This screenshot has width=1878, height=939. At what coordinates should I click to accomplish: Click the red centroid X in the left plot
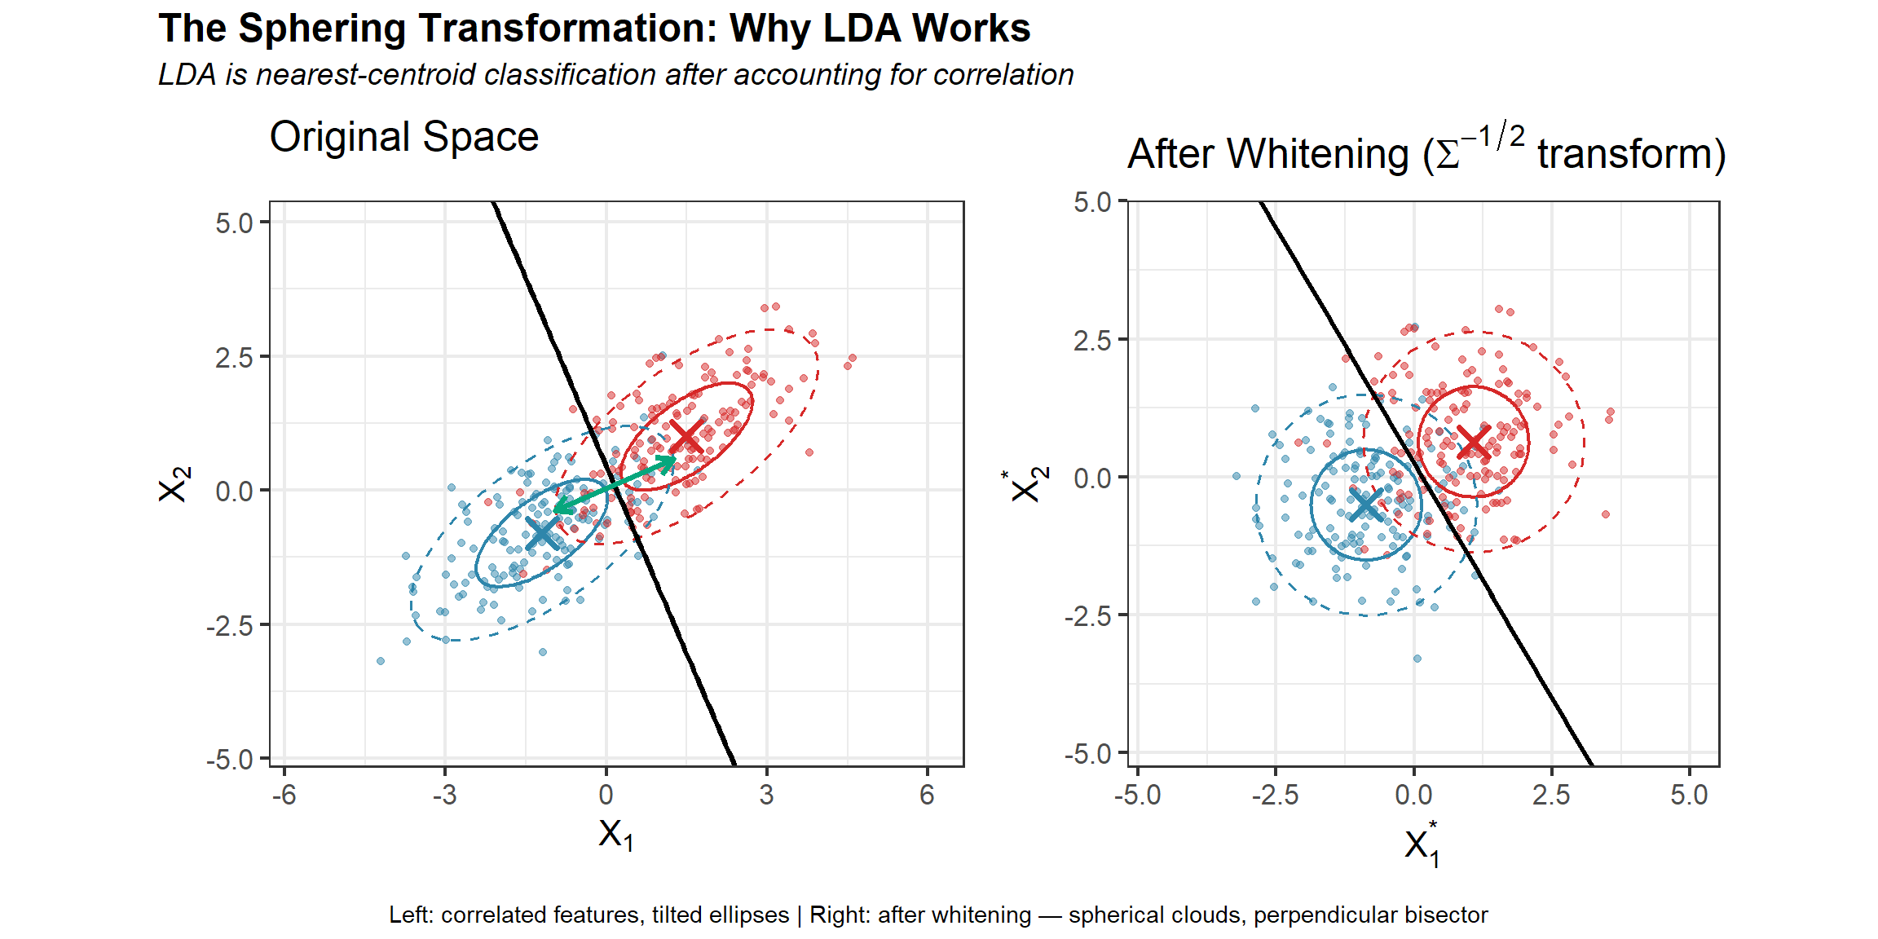click(686, 437)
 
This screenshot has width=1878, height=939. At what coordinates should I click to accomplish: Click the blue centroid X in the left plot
click(542, 533)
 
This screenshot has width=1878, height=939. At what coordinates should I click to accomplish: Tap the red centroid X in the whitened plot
click(1473, 441)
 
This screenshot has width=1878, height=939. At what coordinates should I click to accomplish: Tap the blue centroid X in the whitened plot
click(1366, 505)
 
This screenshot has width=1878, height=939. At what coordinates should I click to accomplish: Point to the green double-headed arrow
click(615, 487)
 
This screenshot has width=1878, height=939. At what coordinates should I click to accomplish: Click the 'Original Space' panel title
click(404, 137)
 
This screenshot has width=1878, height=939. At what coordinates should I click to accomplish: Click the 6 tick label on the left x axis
click(927, 794)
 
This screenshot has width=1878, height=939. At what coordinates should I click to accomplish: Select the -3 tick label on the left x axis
click(444, 794)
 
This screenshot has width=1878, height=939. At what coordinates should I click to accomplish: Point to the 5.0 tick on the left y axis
click(235, 223)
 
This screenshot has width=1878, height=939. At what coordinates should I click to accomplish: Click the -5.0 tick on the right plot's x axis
click(1137, 794)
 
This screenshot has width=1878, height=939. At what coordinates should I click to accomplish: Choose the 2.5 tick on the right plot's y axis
click(1092, 340)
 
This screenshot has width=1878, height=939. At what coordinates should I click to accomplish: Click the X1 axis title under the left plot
click(615, 835)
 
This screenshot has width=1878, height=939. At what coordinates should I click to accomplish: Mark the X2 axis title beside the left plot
click(174, 484)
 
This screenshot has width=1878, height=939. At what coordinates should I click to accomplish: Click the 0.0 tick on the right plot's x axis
click(1413, 794)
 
